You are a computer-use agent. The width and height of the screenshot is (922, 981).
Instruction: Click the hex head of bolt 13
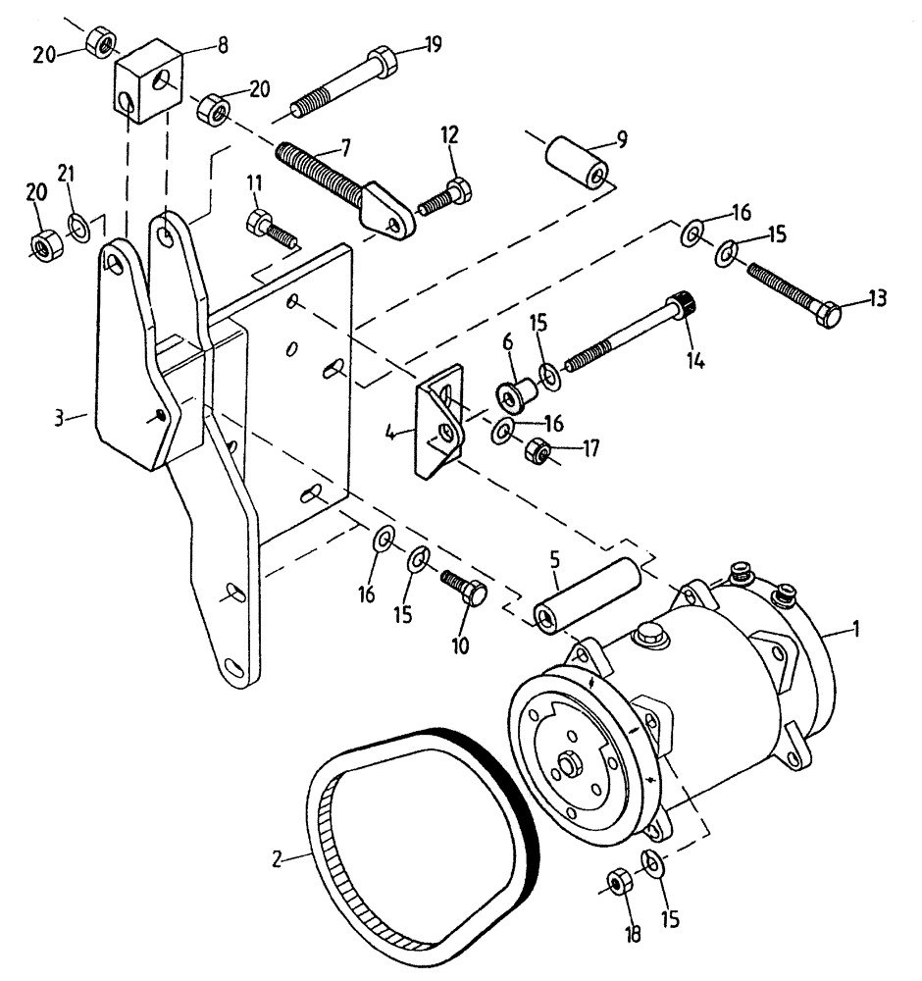pyautogui.click(x=830, y=314)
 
